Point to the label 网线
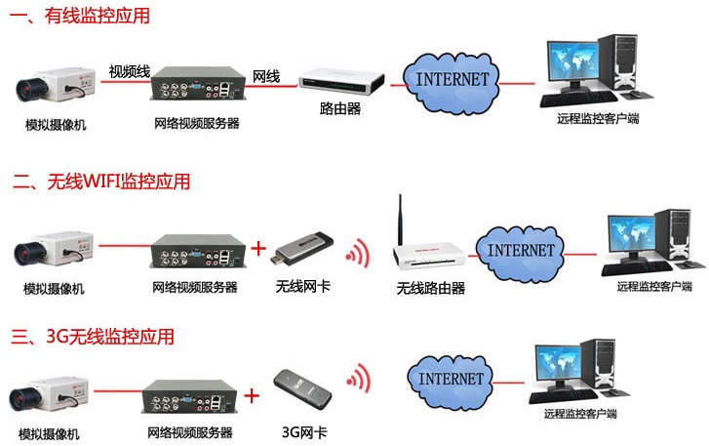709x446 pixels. [x=266, y=75]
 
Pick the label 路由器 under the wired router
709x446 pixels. [x=341, y=108]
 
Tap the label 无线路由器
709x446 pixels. [x=430, y=289]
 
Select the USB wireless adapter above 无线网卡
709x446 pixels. [x=304, y=249]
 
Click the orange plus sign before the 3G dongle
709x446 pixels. [x=253, y=396]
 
